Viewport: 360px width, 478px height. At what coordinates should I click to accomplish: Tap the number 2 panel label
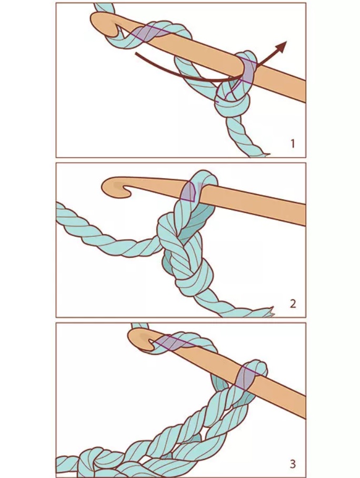point(293,303)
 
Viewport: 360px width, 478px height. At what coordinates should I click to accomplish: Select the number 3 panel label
point(293,464)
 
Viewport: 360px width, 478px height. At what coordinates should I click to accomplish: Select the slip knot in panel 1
point(232,100)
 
